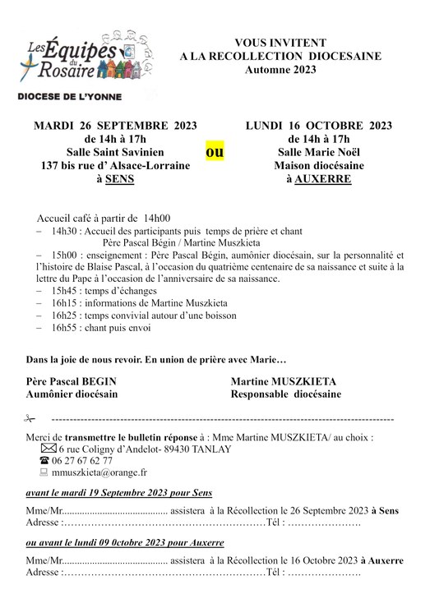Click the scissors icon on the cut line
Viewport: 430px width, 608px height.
pos(31,420)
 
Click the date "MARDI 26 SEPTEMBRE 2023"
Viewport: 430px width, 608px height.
pos(114,126)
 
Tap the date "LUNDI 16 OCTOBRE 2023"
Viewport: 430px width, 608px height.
pos(318,126)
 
